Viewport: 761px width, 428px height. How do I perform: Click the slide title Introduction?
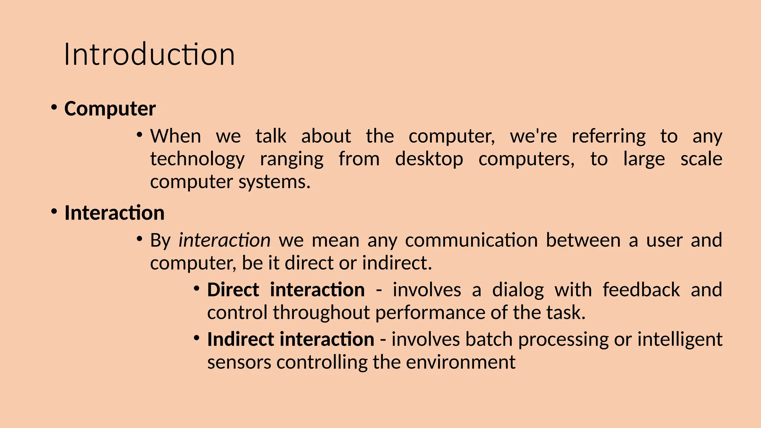pyautogui.click(x=149, y=55)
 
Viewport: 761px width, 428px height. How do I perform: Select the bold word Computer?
pyautogui.click(x=110, y=109)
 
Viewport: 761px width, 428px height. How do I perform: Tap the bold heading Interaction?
pyautogui.click(x=114, y=213)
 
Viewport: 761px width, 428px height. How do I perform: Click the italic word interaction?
pyautogui.click(x=224, y=240)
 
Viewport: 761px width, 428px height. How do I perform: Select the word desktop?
pyautogui.click(x=429, y=159)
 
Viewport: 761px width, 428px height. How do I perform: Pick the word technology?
pyautogui.click(x=197, y=159)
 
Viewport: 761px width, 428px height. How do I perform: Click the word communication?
pyautogui.click(x=471, y=240)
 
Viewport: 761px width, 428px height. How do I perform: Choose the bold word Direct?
pyautogui.click(x=233, y=290)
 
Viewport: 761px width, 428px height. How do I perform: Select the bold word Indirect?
pyautogui.click(x=240, y=339)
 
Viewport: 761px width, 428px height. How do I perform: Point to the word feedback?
pyautogui.click(x=641, y=290)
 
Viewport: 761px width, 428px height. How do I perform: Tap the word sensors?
pyautogui.click(x=239, y=362)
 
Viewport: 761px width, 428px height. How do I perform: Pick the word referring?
pyautogui.click(x=609, y=136)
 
